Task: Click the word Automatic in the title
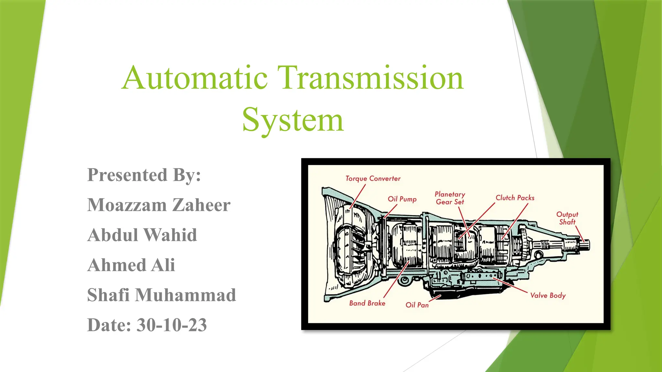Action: tap(195, 78)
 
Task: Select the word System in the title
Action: tap(293, 120)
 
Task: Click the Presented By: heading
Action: tap(144, 175)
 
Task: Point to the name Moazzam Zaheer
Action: tap(159, 205)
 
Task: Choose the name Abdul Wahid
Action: tap(142, 235)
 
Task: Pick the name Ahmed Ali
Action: tap(131, 265)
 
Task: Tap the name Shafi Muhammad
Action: tap(162, 295)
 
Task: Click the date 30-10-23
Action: tap(172, 325)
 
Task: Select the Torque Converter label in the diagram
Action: tap(373, 179)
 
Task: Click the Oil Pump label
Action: tap(402, 199)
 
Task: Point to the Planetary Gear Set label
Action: tap(450, 198)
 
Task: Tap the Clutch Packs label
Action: tap(515, 198)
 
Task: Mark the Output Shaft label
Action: tap(567, 218)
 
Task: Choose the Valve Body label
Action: tap(548, 295)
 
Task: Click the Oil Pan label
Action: tap(417, 305)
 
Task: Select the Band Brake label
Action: tap(367, 303)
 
